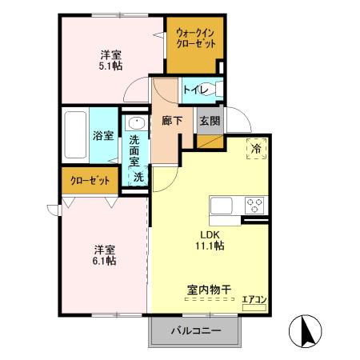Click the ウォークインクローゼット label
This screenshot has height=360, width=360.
pyautogui.click(x=195, y=38)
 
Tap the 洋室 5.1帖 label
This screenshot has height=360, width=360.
pyautogui.click(x=111, y=61)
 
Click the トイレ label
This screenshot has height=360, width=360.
pyautogui.click(x=194, y=90)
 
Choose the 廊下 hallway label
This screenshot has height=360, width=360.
pyautogui.click(x=172, y=121)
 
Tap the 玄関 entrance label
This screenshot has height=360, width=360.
pyautogui.click(x=210, y=121)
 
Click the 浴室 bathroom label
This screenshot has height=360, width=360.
pyautogui.click(x=102, y=137)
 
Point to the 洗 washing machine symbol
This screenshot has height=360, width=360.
pyautogui.click(x=138, y=178)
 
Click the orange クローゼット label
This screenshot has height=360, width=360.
pyautogui.click(x=89, y=181)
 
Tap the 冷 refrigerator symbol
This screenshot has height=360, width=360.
pyautogui.click(x=257, y=148)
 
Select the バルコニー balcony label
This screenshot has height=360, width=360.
pyautogui.click(x=194, y=330)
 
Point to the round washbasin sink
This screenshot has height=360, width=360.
pyautogui.click(x=134, y=125)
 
